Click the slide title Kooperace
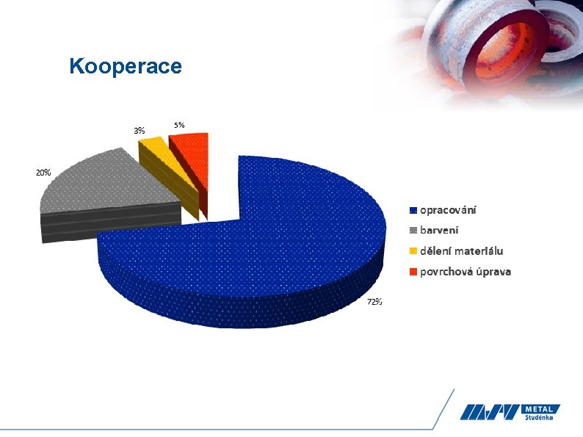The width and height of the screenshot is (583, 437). [x=126, y=67]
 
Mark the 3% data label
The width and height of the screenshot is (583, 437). [x=139, y=130]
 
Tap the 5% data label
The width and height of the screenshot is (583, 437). [x=179, y=125]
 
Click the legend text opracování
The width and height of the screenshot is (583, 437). [x=448, y=210]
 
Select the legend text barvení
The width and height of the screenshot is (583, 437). [x=440, y=231]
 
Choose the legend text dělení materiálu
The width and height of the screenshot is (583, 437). [x=461, y=251]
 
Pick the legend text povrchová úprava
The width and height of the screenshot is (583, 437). [x=466, y=272]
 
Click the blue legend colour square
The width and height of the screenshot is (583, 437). [x=413, y=211]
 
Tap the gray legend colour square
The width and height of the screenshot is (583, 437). [x=413, y=231]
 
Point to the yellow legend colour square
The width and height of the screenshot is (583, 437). [x=413, y=252]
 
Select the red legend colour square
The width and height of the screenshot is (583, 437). [x=413, y=272]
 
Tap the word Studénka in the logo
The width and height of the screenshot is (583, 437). [x=540, y=418]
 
